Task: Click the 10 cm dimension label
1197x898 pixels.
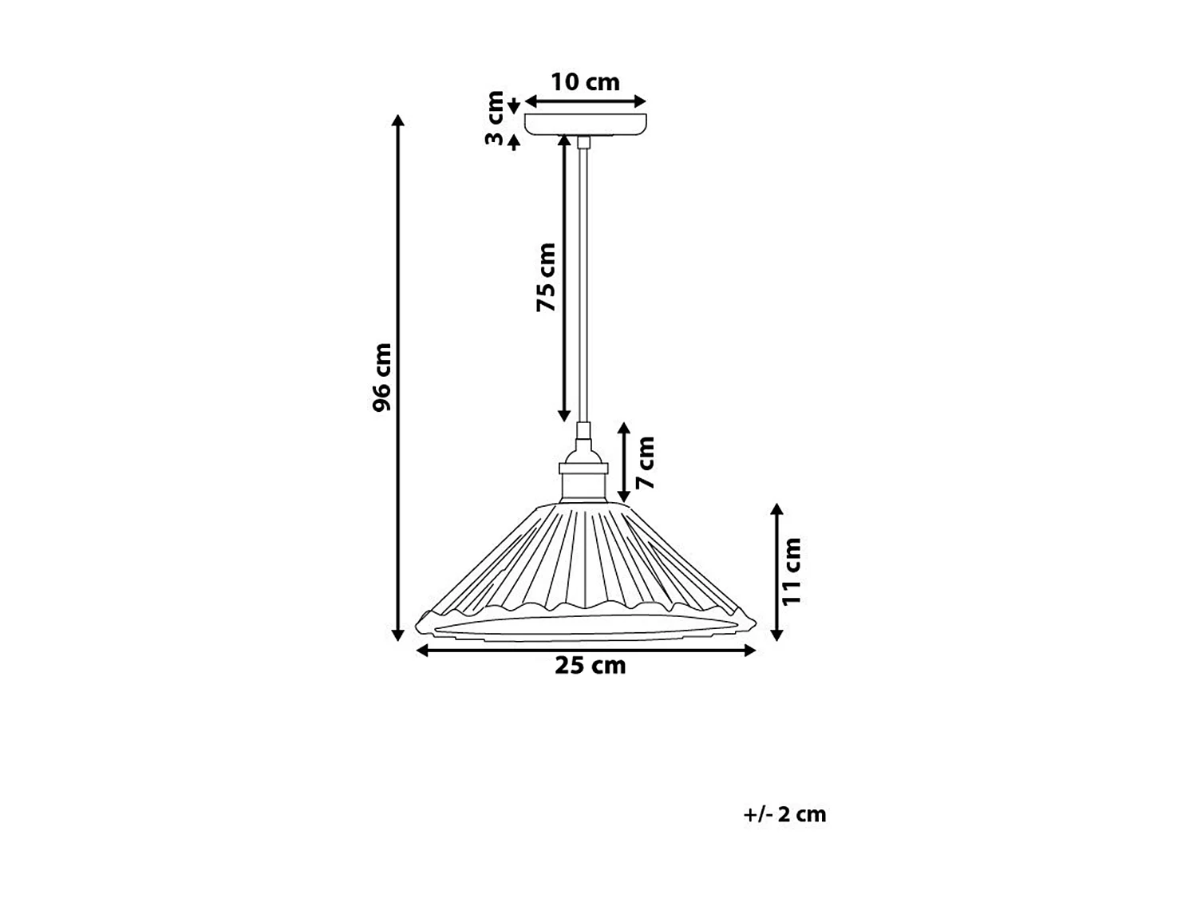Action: (x=585, y=82)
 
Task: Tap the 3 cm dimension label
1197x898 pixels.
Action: (x=496, y=118)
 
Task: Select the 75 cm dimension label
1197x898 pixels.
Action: (x=546, y=277)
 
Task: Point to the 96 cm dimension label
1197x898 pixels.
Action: (x=382, y=377)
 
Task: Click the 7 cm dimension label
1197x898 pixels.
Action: (x=645, y=462)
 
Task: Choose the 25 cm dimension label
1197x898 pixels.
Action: (x=590, y=666)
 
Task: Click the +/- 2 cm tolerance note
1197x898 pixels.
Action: (x=784, y=814)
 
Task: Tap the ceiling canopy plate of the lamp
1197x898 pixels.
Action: (x=585, y=124)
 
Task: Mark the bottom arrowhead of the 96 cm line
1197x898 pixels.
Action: (x=398, y=635)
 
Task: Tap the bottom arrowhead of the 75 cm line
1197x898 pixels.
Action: (x=564, y=416)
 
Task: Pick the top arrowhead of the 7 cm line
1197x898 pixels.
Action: (x=624, y=429)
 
